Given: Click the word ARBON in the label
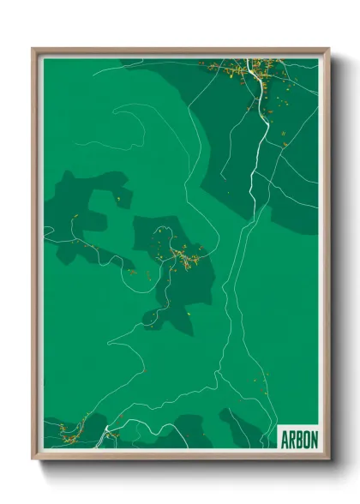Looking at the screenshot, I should click(298, 439).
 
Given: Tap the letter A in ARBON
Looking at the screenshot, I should click(285, 439).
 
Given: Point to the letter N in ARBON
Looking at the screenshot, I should click(313, 439).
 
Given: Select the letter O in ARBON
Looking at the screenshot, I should click(305, 439).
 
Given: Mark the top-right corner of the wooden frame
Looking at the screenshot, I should click(328, 50).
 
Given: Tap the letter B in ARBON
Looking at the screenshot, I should click(298, 439).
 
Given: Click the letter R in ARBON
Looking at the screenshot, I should click(291, 439).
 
